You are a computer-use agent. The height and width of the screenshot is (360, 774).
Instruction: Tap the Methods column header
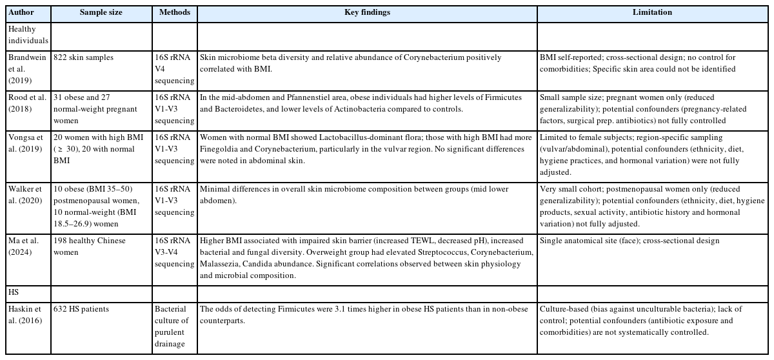click(x=174, y=12)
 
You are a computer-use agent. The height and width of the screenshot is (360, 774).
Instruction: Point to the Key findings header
click(x=367, y=12)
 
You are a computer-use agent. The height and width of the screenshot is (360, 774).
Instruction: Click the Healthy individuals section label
click(x=27, y=35)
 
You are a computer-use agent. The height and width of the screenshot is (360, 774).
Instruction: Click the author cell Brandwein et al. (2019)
click(x=27, y=69)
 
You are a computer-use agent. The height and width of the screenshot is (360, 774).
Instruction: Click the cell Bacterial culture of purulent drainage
click(x=174, y=326)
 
